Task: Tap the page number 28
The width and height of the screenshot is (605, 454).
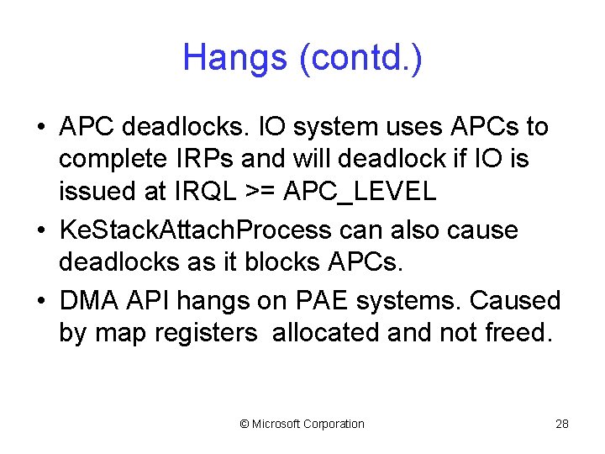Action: pos(562,424)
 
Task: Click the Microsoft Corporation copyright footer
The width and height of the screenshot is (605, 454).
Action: pos(302,424)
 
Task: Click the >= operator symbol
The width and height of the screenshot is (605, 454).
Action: pos(264,192)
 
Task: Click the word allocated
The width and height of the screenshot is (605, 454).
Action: pos(325,334)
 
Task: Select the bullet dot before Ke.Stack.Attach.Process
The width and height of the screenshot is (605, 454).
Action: pos(41,231)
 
